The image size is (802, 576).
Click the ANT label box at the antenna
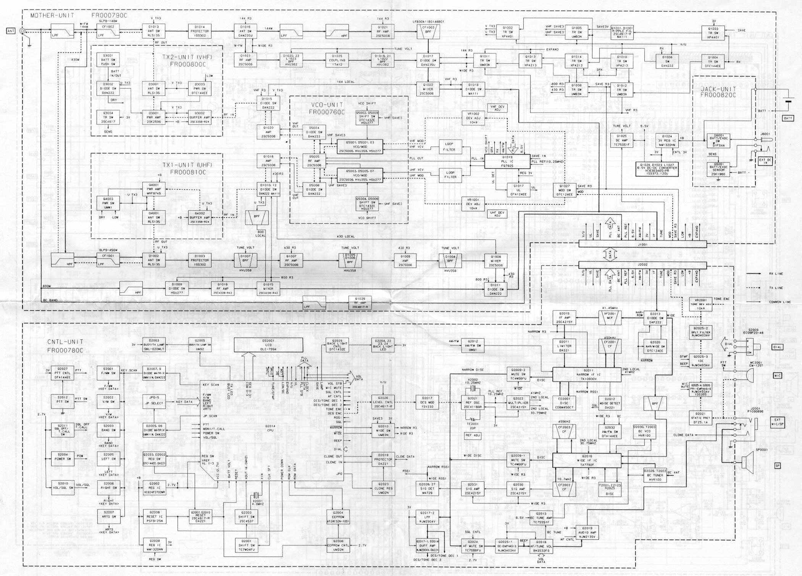11,31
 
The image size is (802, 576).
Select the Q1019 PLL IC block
507,161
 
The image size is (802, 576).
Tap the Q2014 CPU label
270,428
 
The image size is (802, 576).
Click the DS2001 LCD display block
268,345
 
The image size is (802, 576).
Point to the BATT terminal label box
788,118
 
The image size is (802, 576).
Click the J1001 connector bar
642,244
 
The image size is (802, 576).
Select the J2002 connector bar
642,265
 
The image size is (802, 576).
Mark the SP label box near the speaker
777,466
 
